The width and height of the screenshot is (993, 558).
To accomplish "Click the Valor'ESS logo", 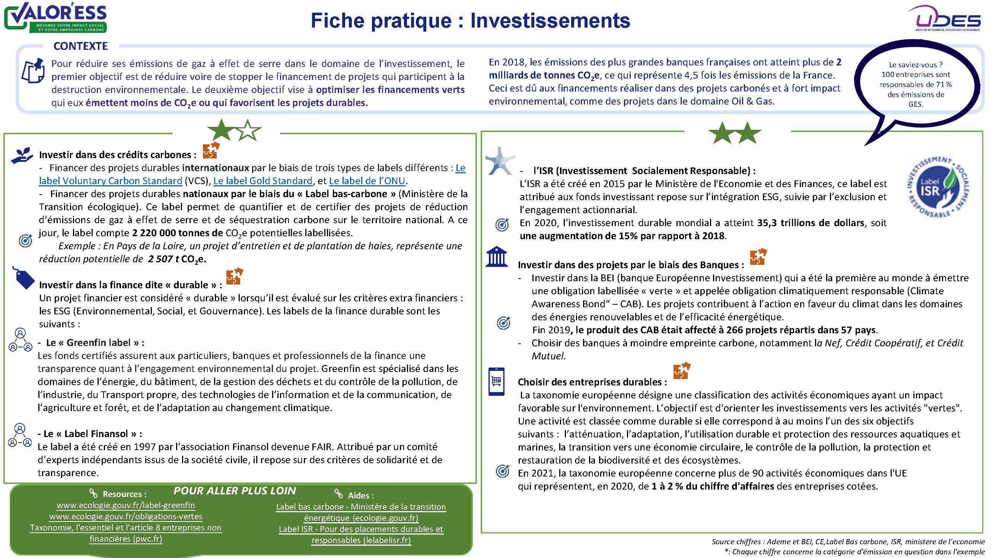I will (x=55, y=17).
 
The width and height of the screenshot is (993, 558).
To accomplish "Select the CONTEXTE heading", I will (x=80, y=46).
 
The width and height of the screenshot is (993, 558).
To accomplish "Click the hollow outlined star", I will (x=248, y=131).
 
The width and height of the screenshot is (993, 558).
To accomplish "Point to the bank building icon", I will (x=497, y=257).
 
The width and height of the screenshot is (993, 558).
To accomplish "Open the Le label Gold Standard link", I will (x=262, y=181).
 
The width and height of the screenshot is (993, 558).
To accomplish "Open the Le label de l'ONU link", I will (x=367, y=181).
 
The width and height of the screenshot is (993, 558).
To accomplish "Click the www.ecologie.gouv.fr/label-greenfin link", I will (x=126, y=505).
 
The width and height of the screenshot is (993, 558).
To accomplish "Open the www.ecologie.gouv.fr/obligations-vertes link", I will (x=126, y=516).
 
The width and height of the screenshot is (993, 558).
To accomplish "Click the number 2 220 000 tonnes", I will (x=177, y=233).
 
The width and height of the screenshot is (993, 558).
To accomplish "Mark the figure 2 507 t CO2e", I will (x=177, y=259).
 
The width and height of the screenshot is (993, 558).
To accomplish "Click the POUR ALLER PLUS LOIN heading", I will (x=235, y=491).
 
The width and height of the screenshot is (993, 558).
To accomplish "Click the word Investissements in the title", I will (x=550, y=20).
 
